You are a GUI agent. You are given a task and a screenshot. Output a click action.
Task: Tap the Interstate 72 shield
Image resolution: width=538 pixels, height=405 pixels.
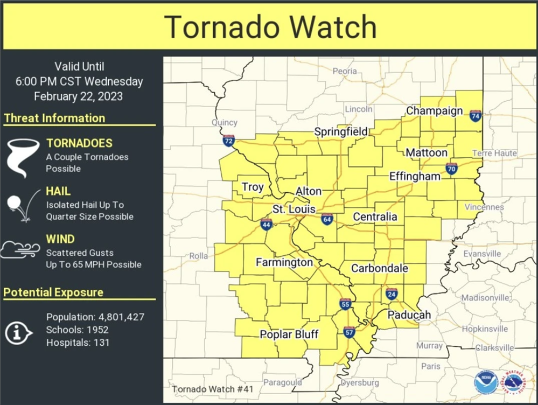(x=229, y=141)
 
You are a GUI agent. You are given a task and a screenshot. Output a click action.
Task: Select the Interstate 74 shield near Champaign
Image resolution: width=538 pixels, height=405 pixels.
(x=475, y=115)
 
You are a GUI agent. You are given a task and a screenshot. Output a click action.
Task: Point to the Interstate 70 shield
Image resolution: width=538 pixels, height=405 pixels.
(x=451, y=169)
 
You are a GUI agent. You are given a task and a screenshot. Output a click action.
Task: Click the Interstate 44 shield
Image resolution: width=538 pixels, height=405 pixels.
(x=266, y=224)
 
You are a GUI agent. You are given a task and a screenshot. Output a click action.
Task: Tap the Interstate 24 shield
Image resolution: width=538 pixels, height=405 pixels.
(x=392, y=294)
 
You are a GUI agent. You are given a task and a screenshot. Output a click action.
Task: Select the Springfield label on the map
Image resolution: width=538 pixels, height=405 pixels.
(x=341, y=132)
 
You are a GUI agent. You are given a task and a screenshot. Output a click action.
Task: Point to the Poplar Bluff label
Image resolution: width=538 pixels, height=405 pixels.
(x=289, y=334)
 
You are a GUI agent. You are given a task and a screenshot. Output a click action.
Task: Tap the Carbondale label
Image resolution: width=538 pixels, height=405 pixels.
(x=380, y=268)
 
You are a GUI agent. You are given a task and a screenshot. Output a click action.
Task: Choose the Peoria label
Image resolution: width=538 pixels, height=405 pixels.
(x=345, y=71)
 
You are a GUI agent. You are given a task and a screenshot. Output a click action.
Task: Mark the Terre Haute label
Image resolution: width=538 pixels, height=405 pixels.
(x=494, y=153)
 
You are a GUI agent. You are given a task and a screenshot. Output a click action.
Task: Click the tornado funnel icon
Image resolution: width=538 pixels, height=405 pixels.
(x=22, y=157)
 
